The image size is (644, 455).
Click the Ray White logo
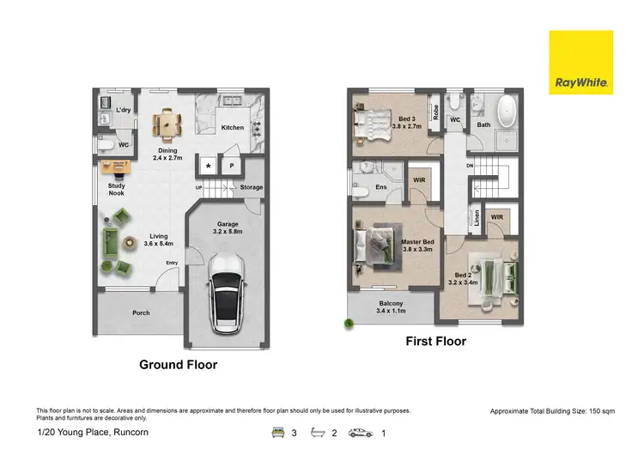(580, 62)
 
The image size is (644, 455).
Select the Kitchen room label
(233, 128)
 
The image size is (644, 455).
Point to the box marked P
(231, 166)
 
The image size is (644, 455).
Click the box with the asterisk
(208, 166)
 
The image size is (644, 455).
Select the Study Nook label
(117, 189)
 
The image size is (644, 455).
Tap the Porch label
(140, 312)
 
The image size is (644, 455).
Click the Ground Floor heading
(178, 365)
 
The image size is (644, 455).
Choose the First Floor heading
(435, 341)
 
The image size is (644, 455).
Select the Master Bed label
(418, 241)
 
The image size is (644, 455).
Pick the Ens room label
(382, 186)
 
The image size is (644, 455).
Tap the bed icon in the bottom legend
(276, 433)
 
